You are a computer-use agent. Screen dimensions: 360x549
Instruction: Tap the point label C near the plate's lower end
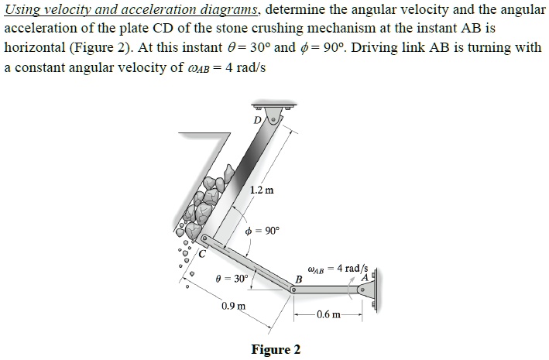click(x=203, y=252)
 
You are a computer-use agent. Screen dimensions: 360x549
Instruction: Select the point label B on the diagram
click(x=297, y=278)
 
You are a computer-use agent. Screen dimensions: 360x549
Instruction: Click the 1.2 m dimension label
click(x=262, y=188)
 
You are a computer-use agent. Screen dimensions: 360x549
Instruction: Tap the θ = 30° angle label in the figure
click(x=232, y=277)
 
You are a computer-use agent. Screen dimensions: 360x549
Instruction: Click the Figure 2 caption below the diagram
click(x=276, y=349)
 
